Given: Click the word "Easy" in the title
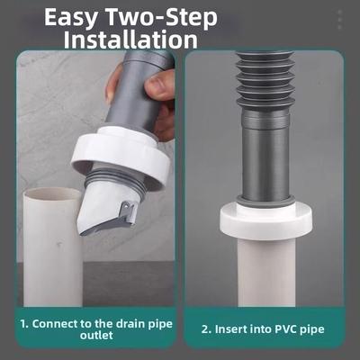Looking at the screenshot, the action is click(71, 18).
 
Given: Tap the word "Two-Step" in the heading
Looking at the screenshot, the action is click(162, 17).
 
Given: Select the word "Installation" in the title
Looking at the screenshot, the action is click(130, 40).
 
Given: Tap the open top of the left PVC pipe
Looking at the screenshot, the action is click(51, 194).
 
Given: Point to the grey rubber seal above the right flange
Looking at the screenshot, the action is click(266, 201).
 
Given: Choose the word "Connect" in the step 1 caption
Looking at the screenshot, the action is click(54, 324).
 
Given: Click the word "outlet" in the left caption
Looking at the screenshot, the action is click(96, 335).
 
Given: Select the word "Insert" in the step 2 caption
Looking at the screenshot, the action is click(229, 329).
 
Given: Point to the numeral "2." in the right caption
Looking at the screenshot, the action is click(207, 329).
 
